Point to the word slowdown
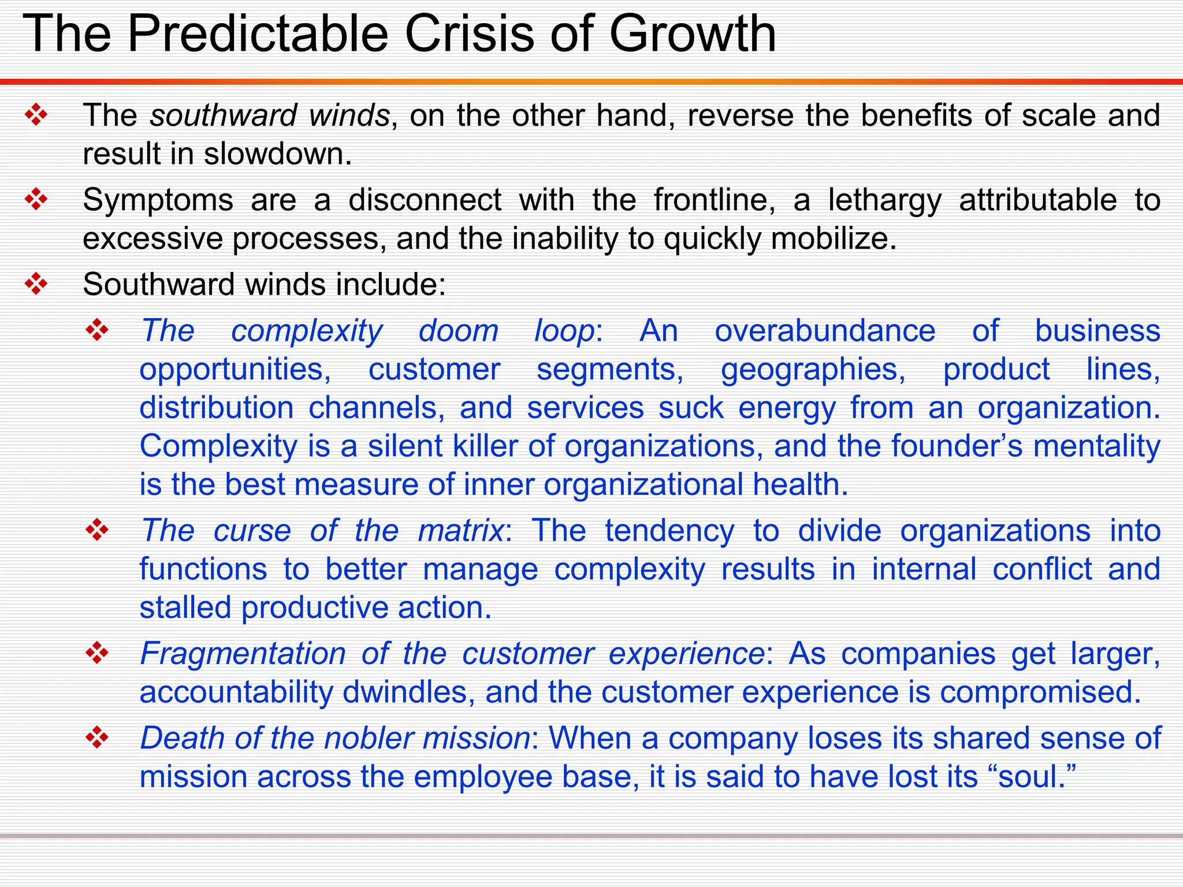277,154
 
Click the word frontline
714,200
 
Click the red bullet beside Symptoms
36,200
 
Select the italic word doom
458,331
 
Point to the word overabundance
825,331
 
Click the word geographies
813,369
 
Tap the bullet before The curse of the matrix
96,530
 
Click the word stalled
185,608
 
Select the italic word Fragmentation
243,654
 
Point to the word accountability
236,692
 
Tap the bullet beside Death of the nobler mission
96,737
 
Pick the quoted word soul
1028,776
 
